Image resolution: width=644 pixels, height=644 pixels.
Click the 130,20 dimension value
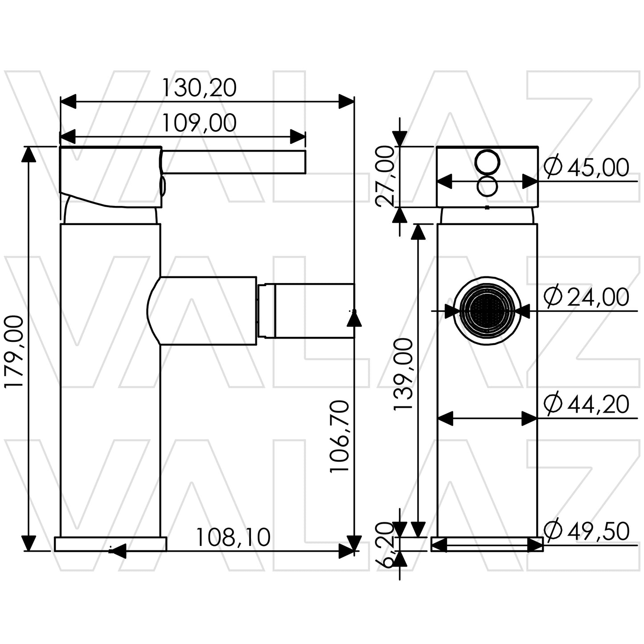pyautogui.click(x=198, y=88)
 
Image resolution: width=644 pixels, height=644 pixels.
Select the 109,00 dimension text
pyautogui.click(x=198, y=123)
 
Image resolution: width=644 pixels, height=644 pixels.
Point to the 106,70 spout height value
pyautogui.click(x=340, y=436)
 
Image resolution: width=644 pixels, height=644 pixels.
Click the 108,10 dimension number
pyautogui.click(x=233, y=537)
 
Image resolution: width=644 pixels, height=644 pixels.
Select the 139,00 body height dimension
pyautogui.click(x=404, y=374)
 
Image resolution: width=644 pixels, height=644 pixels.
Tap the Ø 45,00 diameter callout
pyautogui.click(x=587, y=168)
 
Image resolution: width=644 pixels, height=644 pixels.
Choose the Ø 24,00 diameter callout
pyautogui.click(x=587, y=297)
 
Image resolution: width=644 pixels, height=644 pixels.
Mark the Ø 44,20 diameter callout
pyautogui.click(x=587, y=404)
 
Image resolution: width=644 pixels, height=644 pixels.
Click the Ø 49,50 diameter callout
pyautogui.click(x=587, y=531)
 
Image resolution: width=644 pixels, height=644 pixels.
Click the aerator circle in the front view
pyautogui.click(x=487, y=310)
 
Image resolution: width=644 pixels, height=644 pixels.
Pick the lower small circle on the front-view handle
pyautogui.click(x=487, y=186)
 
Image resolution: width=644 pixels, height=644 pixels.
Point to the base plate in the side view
pyautogui.click(x=110, y=544)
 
